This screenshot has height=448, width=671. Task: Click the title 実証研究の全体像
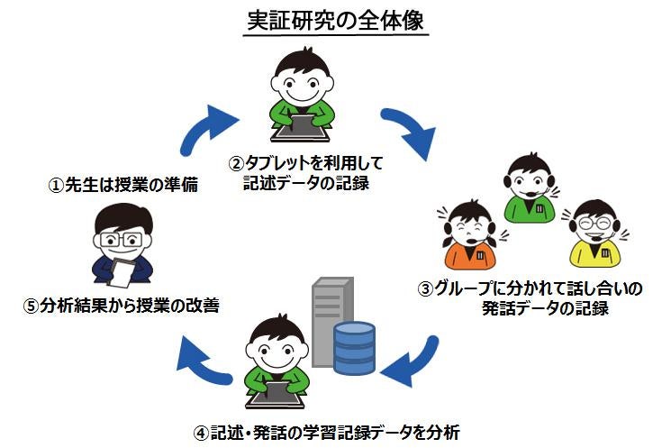coord(336,22)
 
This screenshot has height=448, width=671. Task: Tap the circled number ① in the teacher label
coord(56,186)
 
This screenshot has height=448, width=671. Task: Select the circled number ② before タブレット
coord(236,163)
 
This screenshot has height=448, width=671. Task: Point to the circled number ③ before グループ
coord(426,288)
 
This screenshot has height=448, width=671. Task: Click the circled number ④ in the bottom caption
coord(201,433)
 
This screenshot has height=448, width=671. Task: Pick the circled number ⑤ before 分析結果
coord(31,306)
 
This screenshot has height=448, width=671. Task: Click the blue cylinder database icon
coord(354,348)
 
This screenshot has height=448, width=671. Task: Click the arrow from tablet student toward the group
coord(412,128)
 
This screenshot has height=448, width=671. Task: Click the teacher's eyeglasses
coord(121,239)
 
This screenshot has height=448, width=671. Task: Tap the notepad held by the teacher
coord(121,273)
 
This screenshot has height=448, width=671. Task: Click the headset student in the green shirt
coord(530,187)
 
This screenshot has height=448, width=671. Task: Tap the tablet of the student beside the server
coord(277,394)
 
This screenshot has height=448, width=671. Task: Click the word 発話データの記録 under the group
coord(545,308)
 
